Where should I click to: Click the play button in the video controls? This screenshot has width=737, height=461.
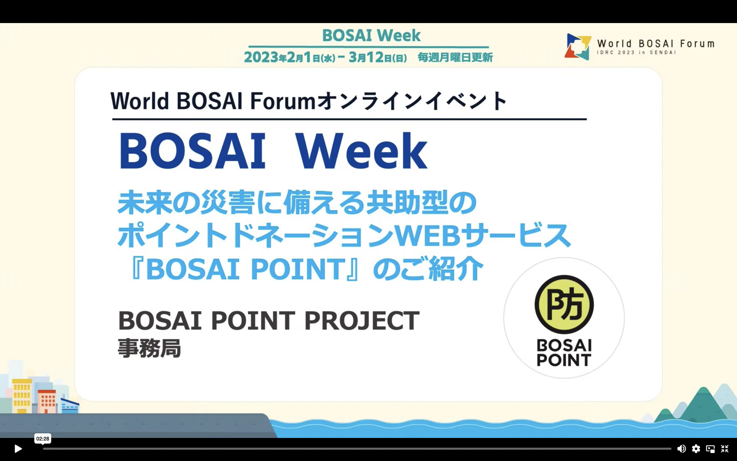(x=18, y=449)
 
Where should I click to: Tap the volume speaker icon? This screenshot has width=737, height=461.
(x=681, y=449)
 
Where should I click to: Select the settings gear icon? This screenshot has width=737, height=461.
(x=696, y=449)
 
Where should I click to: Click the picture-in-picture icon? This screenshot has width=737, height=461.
(x=710, y=449)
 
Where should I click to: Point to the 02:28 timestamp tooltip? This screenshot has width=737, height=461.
(x=43, y=439)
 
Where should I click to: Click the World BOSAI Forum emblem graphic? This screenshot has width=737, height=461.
(x=578, y=47)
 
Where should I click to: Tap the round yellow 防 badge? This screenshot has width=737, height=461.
(x=564, y=304)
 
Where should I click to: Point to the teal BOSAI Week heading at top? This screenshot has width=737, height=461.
(x=371, y=35)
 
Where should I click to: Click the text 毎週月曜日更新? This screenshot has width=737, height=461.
(x=455, y=57)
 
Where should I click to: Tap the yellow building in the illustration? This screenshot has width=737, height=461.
(x=22, y=396)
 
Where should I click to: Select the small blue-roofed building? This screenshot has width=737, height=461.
(x=70, y=406)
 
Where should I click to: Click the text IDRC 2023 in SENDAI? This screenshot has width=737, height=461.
(x=636, y=52)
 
